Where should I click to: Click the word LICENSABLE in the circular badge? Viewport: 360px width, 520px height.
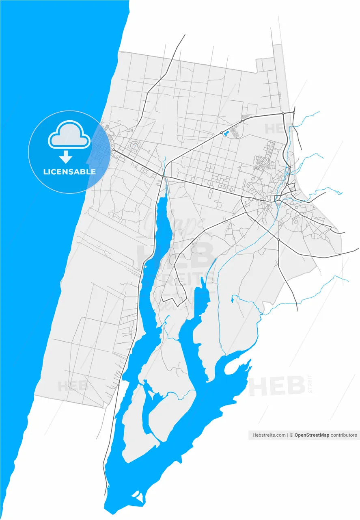[69, 171]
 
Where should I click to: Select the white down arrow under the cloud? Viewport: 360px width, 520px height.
[66, 157]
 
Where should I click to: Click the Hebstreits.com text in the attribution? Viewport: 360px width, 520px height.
[269, 435]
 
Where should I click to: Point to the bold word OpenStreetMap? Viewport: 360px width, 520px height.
[312, 435]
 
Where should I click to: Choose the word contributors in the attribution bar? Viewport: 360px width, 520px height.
[343, 435]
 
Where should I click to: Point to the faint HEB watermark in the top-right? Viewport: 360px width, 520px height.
[278, 128]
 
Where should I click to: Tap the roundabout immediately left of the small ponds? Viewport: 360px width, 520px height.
[222, 133]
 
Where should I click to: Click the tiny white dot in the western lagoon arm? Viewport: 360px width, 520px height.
[145, 267]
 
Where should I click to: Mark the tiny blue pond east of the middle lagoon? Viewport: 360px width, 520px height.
[232, 300]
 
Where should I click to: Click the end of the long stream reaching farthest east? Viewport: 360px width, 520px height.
[348, 281]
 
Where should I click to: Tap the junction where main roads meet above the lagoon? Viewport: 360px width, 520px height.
[163, 177]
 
